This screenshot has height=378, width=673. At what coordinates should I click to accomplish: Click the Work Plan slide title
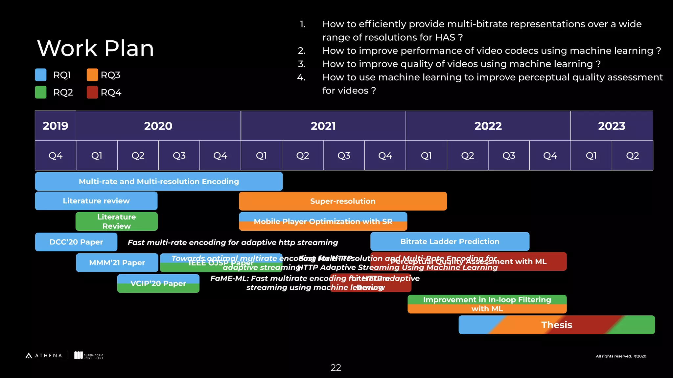(95, 48)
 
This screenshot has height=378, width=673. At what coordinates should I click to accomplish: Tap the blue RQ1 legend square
(41, 75)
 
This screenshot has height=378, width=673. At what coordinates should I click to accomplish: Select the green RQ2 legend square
(41, 92)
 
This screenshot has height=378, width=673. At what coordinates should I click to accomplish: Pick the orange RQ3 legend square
(92, 75)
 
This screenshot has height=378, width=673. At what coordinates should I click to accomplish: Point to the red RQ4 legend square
(92, 92)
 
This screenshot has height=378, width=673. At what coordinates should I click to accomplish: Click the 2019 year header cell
(56, 126)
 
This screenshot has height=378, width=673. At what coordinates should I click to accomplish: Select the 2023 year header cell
(612, 126)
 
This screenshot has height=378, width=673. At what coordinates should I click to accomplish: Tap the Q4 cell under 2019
(56, 156)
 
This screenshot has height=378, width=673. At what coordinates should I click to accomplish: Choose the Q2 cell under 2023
(632, 156)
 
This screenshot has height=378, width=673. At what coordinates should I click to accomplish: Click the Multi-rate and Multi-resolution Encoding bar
(159, 181)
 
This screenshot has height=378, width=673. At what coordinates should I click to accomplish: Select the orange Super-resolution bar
(343, 201)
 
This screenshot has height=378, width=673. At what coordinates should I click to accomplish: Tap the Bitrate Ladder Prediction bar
(450, 241)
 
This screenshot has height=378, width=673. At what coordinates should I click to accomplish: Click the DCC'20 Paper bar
(76, 242)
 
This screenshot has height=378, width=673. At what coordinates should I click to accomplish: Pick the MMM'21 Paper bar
(117, 262)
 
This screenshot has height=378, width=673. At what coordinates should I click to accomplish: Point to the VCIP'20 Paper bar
(158, 283)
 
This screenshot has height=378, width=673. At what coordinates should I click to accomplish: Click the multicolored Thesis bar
(557, 325)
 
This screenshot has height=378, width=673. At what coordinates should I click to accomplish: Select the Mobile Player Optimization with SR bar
(323, 221)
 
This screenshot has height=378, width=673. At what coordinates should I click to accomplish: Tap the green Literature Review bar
(116, 221)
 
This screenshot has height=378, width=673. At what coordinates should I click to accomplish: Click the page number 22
(336, 367)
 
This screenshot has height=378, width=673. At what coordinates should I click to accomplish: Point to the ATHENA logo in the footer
(44, 356)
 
